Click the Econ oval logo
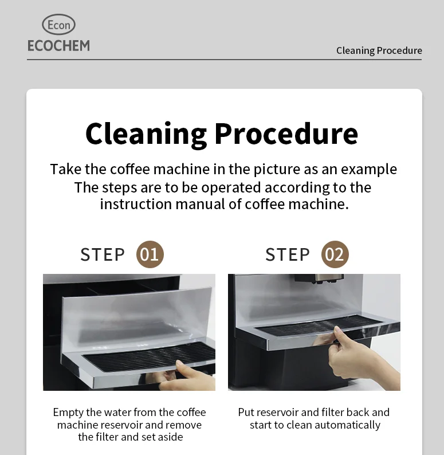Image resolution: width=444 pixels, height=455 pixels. [x=58, y=25]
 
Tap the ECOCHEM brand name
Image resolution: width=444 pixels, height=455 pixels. [x=58, y=45]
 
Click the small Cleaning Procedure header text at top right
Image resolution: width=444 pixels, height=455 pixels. [x=379, y=50]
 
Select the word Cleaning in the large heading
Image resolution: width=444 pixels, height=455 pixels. [x=146, y=134]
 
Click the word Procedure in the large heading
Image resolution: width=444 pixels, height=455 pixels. [x=286, y=134]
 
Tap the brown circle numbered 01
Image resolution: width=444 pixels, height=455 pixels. [x=150, y=254]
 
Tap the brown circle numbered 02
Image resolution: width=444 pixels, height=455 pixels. [x=335, y=254]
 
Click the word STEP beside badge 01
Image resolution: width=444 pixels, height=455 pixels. [x=103, y=254]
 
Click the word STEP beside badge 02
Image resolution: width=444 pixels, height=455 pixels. [x=288, y=254]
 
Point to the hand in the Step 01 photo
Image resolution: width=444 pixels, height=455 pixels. [x=192, y=375]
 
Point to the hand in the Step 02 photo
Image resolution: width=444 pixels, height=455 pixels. [x=352, y=352]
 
